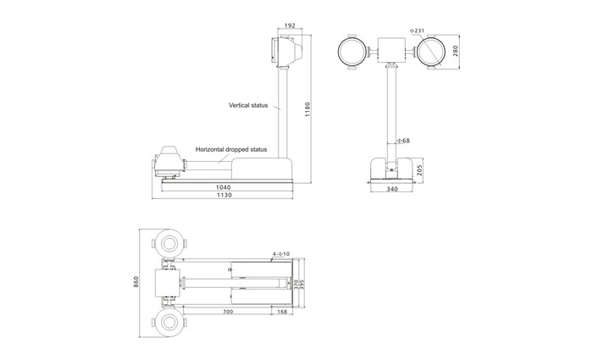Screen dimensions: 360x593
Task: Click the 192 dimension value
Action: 290,25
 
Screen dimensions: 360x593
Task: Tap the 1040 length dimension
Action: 223,186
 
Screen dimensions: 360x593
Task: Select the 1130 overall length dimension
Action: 224,196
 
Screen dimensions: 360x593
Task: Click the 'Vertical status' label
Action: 247,106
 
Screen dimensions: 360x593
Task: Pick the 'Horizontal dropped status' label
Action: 231,149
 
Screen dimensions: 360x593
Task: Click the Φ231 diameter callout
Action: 418,30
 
